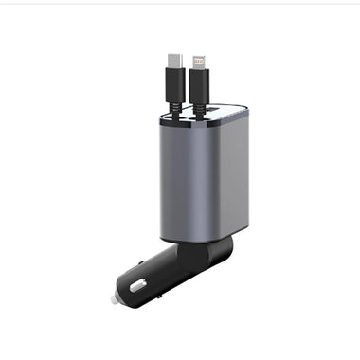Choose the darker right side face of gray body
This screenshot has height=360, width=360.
tap(235, 180)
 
